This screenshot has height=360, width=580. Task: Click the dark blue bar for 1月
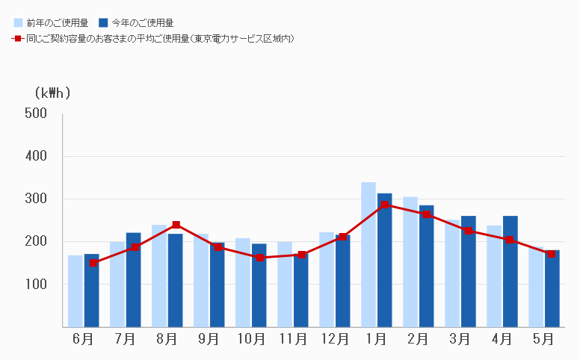pos(384,261)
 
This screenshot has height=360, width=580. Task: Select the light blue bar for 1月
pos(368,254)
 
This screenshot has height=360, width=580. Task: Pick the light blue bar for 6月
pos(75,291)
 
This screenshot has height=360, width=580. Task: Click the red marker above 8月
pos(176,225)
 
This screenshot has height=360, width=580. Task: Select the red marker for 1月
pos(385,205)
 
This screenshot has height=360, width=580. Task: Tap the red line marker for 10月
pos(259,258)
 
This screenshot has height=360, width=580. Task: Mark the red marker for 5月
pos(552,254)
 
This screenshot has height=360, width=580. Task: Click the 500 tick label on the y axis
pos(37,114)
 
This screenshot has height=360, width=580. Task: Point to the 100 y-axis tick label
pos(37,285)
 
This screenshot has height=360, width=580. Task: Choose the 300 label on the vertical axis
pos(37,199)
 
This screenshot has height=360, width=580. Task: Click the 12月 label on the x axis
pos(334,338)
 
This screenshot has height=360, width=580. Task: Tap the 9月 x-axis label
pos(209,338)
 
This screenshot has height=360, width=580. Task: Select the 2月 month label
pos(418,338)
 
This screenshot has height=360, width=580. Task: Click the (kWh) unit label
pos(52,93)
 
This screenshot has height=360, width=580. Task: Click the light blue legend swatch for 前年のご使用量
pos(18,23)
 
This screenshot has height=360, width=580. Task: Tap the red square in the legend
pos(18,37)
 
